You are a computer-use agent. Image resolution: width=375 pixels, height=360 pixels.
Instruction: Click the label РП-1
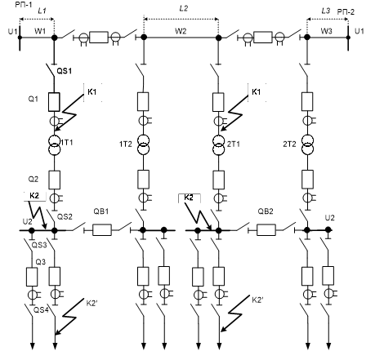(24, 4)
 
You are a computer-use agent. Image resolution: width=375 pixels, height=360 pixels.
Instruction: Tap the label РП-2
(346, 12)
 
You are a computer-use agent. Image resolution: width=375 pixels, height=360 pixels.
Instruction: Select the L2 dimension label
(184, 8)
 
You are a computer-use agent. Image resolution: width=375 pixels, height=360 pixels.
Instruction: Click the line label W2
(181, 31)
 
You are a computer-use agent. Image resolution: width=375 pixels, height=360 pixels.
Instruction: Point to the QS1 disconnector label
(65, 71)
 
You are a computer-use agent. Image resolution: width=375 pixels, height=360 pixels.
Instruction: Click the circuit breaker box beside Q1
(54, 102)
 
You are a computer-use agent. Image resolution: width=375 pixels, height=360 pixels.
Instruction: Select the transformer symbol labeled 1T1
(55, 144)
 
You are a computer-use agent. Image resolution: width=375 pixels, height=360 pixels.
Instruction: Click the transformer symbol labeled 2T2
(307, 144)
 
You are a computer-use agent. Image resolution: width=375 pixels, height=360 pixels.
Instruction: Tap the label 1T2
(126, 144)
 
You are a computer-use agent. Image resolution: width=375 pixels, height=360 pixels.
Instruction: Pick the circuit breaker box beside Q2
(55, 180)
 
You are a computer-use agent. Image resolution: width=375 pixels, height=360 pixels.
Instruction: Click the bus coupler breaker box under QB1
(102, 230)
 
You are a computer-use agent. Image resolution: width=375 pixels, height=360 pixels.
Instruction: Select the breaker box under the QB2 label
(266, 230)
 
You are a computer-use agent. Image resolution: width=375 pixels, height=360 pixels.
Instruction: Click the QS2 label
(65, 216)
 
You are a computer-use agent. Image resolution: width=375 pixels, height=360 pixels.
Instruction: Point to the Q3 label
(41, 262)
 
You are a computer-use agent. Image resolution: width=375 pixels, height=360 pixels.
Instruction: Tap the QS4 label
(41, 309)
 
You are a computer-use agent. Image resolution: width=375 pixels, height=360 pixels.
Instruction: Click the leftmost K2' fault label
(92, 303)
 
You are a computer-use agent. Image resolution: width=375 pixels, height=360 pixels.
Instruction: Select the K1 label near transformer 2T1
(256, 92)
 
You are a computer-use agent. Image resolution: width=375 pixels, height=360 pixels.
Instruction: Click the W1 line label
(40, 31)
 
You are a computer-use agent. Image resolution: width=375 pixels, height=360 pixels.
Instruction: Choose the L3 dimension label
(326, 11)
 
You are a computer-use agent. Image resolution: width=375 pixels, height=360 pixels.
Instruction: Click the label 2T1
(234, 144)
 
